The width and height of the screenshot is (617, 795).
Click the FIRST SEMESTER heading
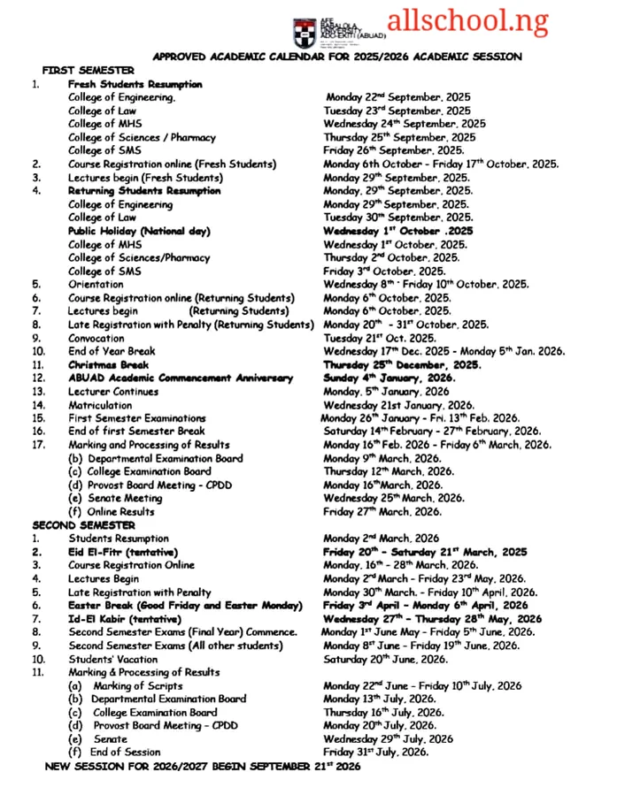click(89, 70)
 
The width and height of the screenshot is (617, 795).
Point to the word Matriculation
click(101, 405)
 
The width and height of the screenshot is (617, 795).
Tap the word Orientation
click(96, 284)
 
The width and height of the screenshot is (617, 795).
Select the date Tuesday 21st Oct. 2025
click(380, 337)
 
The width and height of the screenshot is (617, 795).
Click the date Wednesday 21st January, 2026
click(398, 405)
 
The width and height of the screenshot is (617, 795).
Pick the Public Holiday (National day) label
click(139, 231)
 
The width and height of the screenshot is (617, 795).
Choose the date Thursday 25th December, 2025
click(402, 364)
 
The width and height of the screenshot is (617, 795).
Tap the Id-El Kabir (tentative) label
click(125, 619)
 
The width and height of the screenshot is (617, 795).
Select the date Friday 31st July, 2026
click(376, 753)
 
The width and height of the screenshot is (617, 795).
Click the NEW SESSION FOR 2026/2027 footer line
click(203, 766)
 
